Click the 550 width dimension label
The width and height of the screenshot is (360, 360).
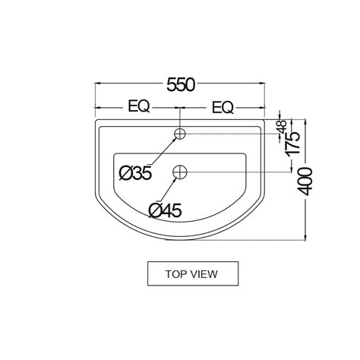tap(181, 84)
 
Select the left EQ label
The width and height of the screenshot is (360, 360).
tap(139, 106)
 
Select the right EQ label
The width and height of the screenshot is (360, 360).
tap(223, 107)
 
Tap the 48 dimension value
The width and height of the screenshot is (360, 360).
tap(282, 127)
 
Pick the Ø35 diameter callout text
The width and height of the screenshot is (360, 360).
tap(136, 173)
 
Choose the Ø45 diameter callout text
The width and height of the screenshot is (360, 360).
tap(165, 210)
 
